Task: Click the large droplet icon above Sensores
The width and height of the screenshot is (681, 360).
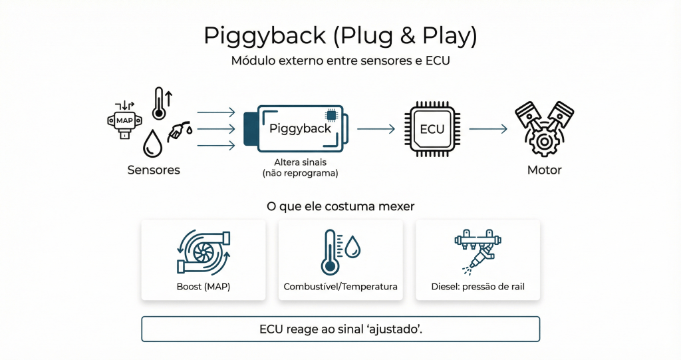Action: pos(154,144)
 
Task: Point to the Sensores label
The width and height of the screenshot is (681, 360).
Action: pos(154,170)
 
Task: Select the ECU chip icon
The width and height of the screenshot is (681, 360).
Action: pos(432,128)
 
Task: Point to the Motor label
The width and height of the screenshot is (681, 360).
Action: pos(544,170)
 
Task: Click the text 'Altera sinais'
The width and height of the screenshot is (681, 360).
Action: pos(300,162)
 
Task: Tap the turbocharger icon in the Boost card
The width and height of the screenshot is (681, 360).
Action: pos(204,252)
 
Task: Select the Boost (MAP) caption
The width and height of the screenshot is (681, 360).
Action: pos(204,287)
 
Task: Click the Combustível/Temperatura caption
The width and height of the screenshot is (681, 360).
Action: pos(340,287)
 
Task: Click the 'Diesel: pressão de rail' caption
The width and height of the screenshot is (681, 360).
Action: pos(477,287)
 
